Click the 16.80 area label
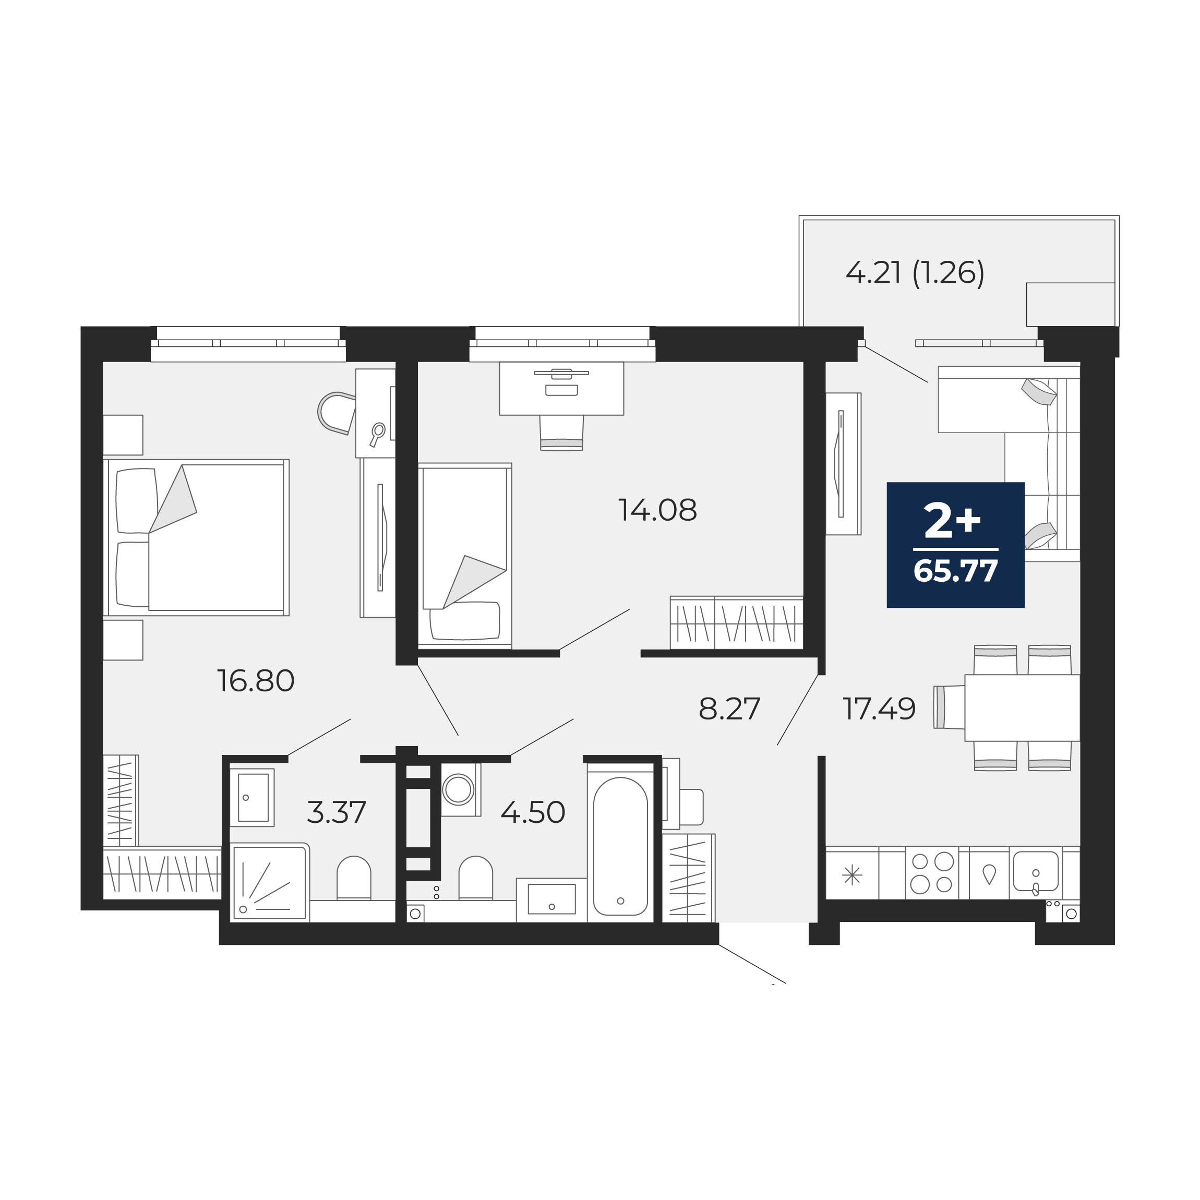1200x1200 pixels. tap(255, 681)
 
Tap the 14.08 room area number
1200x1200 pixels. tap(657, 511)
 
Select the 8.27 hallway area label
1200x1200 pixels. tap(729, 709)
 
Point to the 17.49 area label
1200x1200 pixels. tap(879, 709)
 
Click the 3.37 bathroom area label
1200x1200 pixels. tap(337, 812)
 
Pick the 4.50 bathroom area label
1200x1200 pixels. tap(533, 812)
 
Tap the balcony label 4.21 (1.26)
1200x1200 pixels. tap(915, 273)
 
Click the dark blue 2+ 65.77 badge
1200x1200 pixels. tap(955, 545)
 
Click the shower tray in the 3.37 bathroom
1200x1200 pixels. tap(270, 882)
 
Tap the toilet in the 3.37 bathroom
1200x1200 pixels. tap(354, 878)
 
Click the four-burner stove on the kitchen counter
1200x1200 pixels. tap(932, 873)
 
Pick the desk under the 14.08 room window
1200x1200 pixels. tap(561, 389)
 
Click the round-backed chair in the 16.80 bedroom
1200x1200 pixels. tap(336, 413)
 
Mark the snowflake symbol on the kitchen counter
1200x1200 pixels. tap(852, 876)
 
